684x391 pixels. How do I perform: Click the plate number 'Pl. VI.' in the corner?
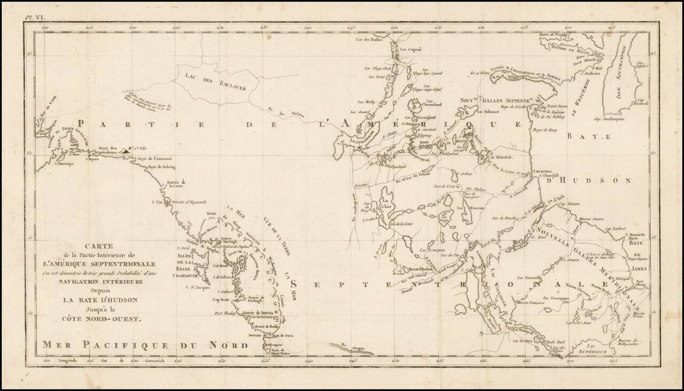coord(33,18)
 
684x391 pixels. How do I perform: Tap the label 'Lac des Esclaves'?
coord(213,82)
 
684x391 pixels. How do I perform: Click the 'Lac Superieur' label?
coord(594,349)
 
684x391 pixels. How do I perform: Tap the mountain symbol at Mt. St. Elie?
coord(126,151)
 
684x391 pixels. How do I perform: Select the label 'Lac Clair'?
coord(387,204)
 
